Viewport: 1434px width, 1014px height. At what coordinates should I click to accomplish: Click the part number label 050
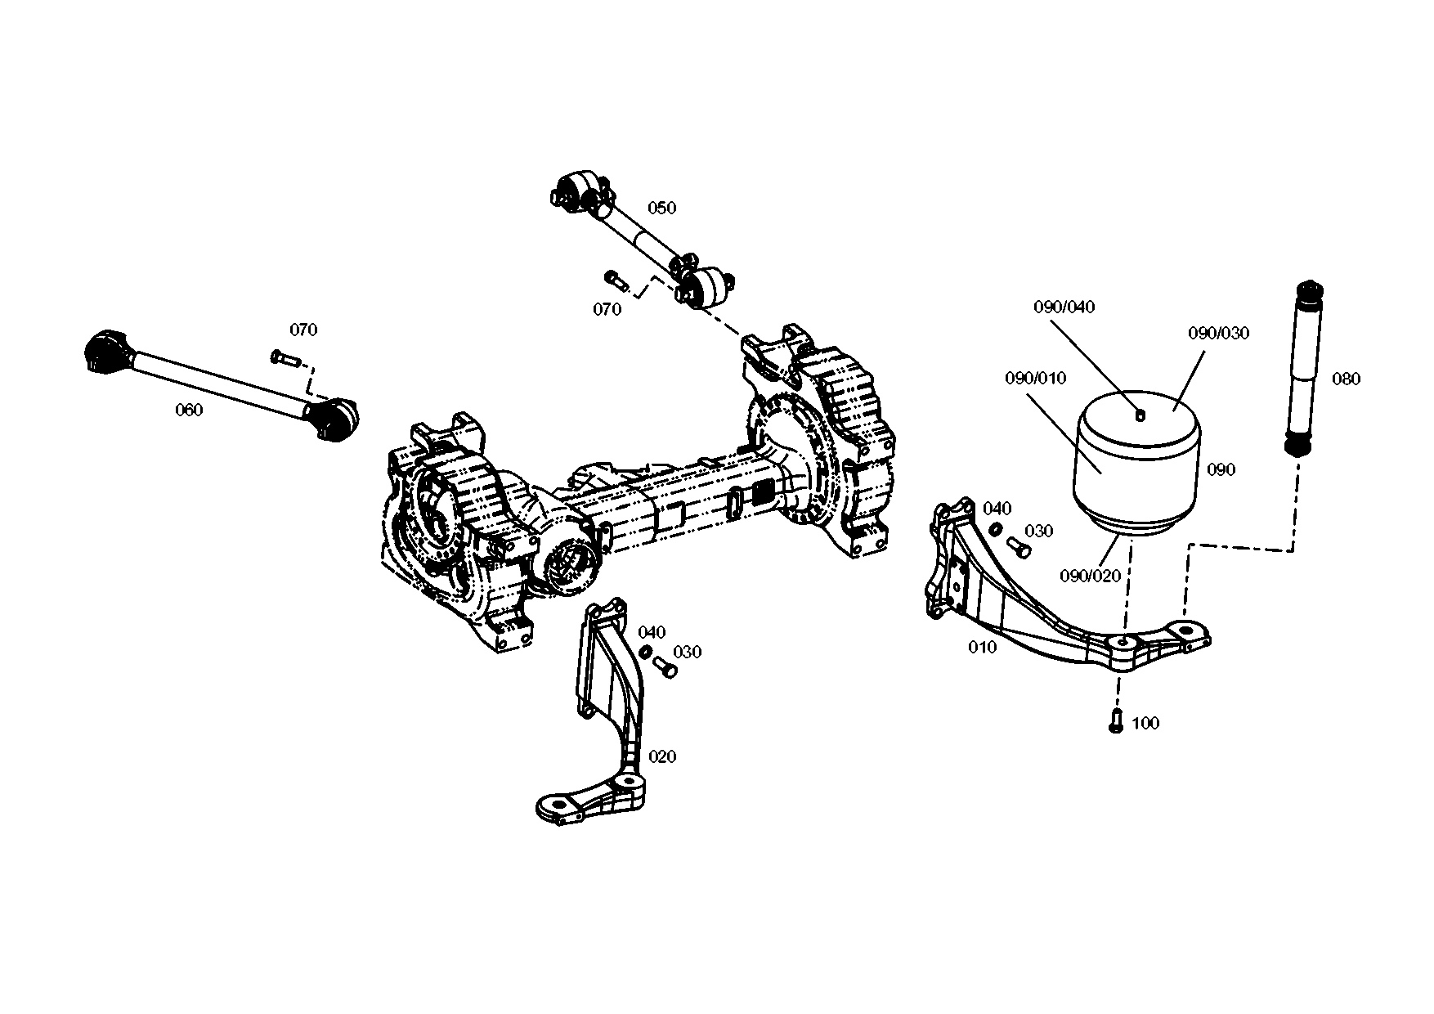[661, 208]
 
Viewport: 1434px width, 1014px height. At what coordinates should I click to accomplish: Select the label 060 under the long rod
[189, 411]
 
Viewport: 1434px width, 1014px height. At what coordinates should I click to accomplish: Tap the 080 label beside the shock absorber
[1346, 379]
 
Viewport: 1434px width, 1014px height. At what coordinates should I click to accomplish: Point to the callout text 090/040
[1064, 307]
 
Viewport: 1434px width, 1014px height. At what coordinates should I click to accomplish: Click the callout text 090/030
[1218, 334]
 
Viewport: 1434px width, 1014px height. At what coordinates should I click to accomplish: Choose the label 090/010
[1035, 379]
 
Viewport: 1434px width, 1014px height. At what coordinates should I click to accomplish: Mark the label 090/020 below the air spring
[1090, 576]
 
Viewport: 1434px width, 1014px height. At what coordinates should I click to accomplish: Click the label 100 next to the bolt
[1145, 723]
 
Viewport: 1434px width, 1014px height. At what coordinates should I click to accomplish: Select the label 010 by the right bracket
[982, 648]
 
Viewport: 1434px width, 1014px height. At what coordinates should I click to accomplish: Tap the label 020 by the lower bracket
[662, 756]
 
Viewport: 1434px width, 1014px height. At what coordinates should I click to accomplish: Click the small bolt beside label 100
[1116, 720]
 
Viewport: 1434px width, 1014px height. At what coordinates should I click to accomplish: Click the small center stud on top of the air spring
[1141, 415]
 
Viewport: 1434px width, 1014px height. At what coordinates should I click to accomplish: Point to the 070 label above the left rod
[303, 330]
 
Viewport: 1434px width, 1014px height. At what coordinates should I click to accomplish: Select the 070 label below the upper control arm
[607, 309]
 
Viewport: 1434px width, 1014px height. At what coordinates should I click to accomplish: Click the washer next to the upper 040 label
[997, 529]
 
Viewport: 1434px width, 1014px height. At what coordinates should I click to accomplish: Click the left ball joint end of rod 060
[104, 352]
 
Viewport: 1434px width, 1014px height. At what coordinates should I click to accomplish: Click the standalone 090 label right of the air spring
[1221, 470]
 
